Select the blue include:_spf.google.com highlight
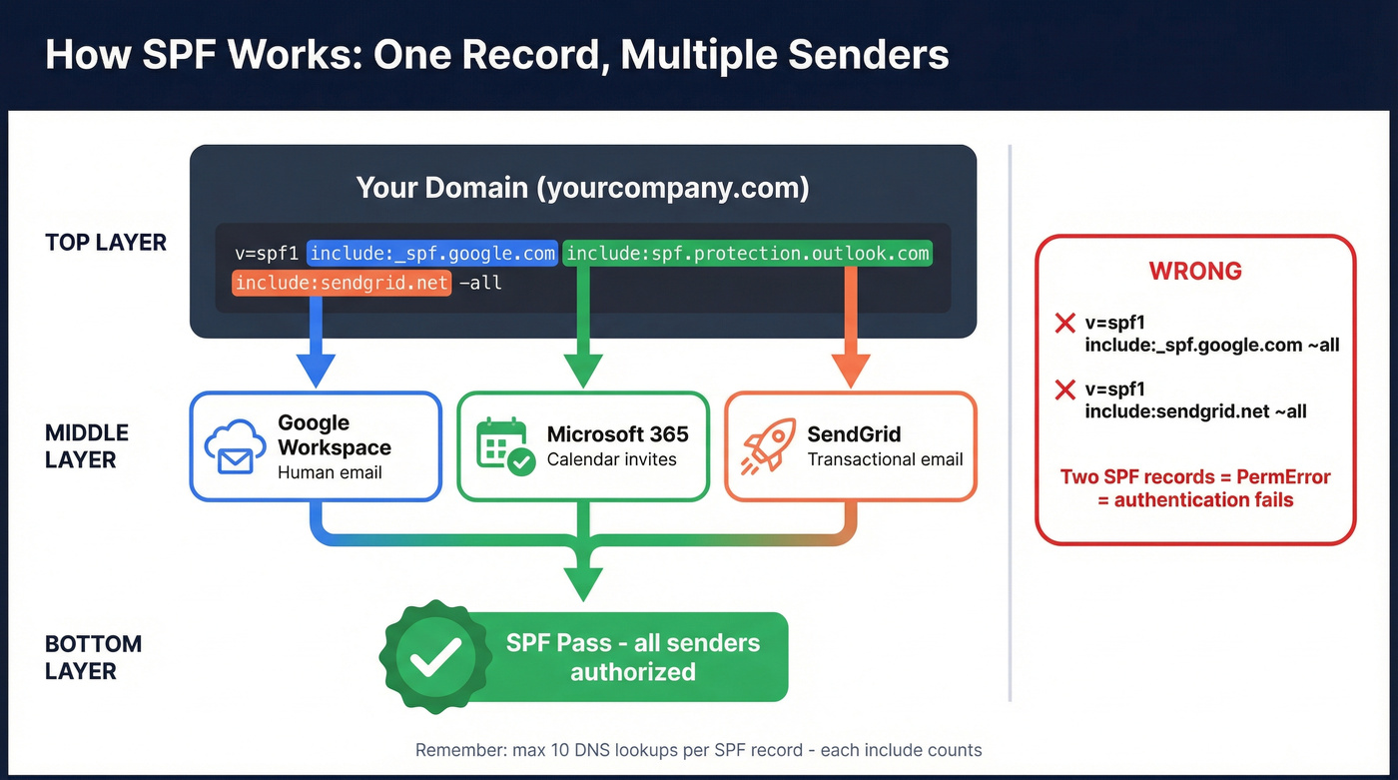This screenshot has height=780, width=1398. pyautogui.click(x=431, y=254)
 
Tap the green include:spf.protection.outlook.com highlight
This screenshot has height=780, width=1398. pyautogui.click(x=747, y=254)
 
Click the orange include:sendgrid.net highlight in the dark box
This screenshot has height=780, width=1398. pyautogui.click(x=342, y=284)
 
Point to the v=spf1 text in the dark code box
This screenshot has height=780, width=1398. pyautogui.click(x=267, y=254)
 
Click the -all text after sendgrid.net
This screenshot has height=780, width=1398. pyautogui.click(x=479, y=284)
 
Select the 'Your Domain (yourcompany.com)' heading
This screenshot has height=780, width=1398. pyautogui.click(x=582, y=188)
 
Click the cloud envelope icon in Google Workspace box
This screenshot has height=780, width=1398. pyautogui.click(x=234, y=447)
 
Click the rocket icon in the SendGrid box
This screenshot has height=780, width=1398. pyautogui.click(x=767, y=446)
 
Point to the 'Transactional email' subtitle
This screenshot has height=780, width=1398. pyautogui.click(x=885, y=460)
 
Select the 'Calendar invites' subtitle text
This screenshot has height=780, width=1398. pyautogui.click(x=611, y=460)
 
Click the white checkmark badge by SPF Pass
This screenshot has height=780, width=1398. pyautogui.click(x=435, y=656)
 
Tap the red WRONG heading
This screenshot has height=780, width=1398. pyautogui.click(x=1195, y=272)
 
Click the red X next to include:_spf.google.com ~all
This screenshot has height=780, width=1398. pyautogui.click(x=1064, y=324)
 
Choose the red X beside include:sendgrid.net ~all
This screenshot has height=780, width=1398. pyautogui.click(x=1064, y=390)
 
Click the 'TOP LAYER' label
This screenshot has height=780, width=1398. pyautogui.click(x=106, y=243)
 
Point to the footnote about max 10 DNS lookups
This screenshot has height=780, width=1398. pyautogui.click(x=698, y=750)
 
